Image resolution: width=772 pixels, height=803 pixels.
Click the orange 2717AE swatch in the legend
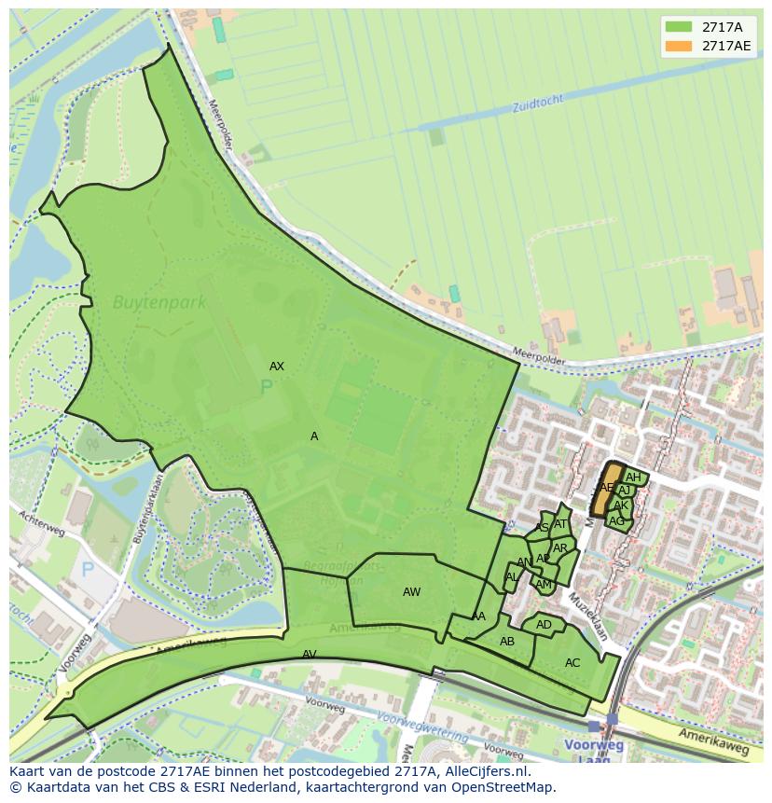point(678,46)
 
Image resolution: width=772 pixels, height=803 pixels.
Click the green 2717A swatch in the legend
point(678,27)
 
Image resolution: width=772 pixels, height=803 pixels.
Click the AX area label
point(276,367)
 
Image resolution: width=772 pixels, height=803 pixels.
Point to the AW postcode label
point(411,592)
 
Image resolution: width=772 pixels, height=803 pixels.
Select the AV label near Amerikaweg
point(310,655)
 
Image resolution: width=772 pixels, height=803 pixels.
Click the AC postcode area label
point(572,663)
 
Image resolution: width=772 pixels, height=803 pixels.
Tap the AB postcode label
point(506,642)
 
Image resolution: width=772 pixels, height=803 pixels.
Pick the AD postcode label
point(544,625)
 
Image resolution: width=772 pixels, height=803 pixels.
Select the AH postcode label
point(633,478)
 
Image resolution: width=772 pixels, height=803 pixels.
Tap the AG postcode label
point(616,521)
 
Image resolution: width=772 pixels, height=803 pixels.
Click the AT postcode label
point(559,524)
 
